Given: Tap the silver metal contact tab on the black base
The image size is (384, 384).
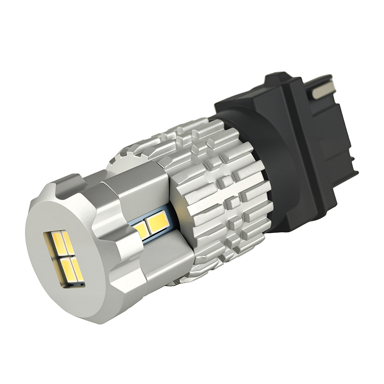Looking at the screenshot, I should (x=324, y=89).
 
